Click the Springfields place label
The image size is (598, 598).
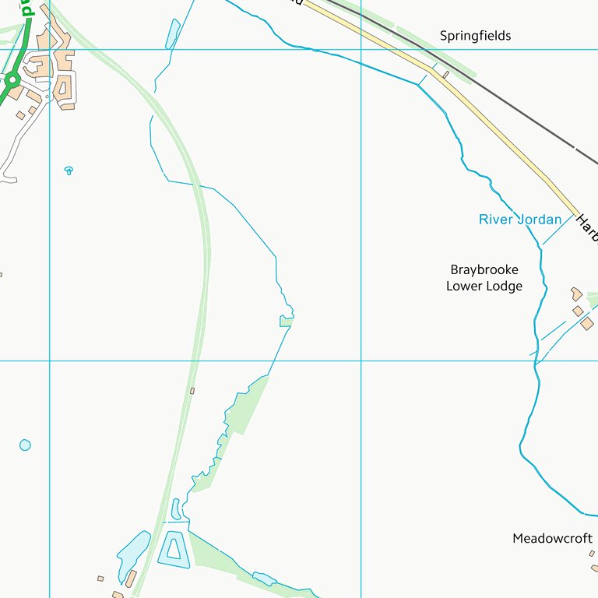475,36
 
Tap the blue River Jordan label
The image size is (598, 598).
519,220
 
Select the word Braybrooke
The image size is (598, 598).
484,269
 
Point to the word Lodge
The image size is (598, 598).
505,286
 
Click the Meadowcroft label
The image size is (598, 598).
552,538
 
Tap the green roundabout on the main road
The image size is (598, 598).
12,79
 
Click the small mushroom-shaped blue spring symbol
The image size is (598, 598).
69,170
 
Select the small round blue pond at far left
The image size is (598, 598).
25,445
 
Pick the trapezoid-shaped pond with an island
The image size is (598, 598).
174,550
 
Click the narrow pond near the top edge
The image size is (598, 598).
172,33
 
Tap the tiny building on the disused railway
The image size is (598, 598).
192,390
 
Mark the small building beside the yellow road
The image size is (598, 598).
446,75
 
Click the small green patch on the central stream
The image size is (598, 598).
286,321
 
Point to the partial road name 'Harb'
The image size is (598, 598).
586,230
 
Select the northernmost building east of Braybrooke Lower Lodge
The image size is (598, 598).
576,294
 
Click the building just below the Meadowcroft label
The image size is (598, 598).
593,554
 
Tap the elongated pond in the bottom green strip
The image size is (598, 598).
264,579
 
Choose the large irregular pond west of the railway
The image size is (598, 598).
134,554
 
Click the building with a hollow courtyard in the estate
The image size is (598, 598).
62,86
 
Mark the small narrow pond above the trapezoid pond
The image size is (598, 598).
176,508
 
